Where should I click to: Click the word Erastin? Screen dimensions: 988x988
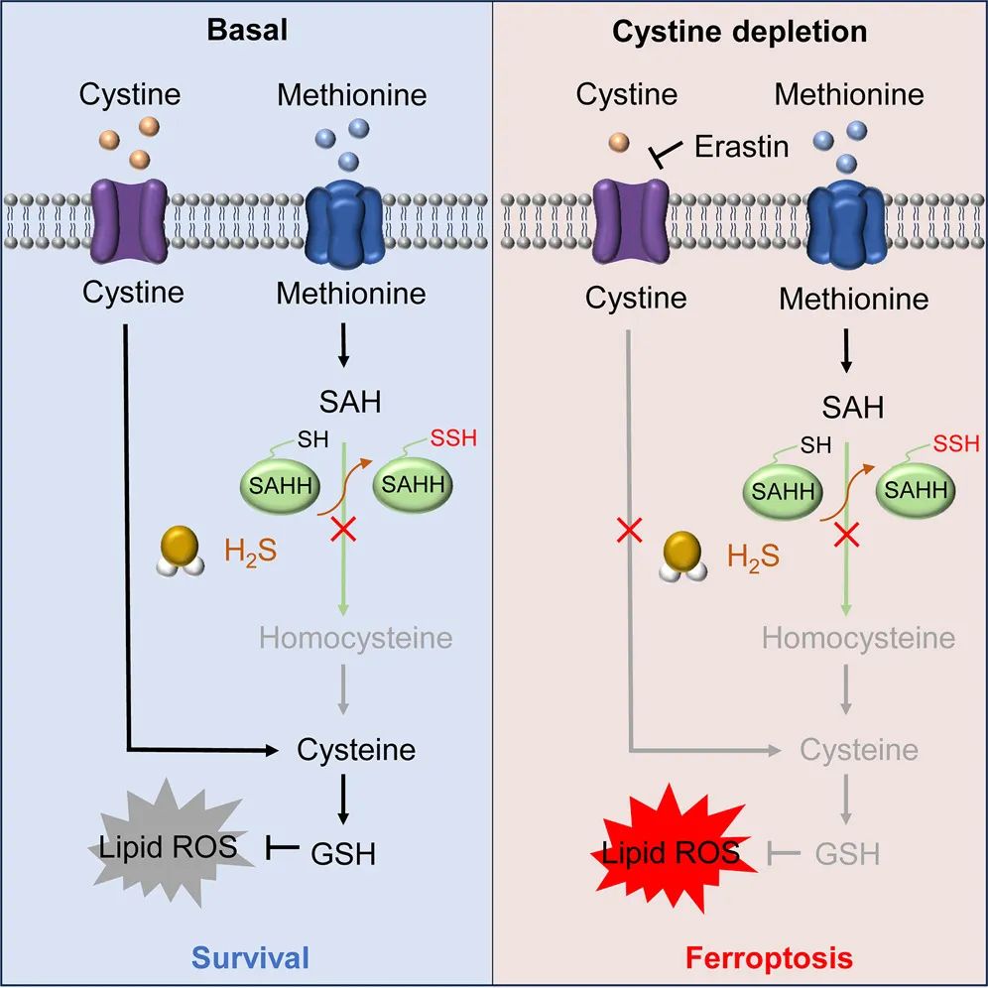pos(741,146)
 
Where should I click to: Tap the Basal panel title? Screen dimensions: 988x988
pos(247,30)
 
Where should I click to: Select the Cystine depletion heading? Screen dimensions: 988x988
pos(739,32)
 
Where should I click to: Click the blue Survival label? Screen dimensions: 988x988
pos(251,957)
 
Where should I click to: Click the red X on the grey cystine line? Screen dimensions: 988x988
pos(628,531)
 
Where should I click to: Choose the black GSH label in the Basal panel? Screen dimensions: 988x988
pos(344,851)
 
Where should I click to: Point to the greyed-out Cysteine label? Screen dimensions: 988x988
pos(858,749)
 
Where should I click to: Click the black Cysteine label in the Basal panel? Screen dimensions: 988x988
pos(356,749)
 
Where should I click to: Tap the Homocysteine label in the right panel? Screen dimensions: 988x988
pos(858,637)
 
